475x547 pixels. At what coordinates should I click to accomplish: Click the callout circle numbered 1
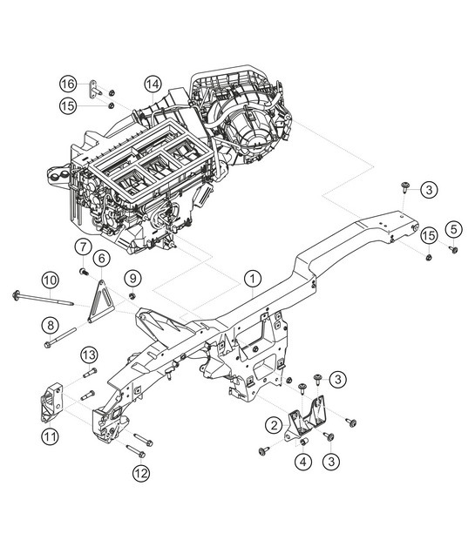[x=251, y=279]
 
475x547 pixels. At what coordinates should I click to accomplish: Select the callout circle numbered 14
[x=153, y=84]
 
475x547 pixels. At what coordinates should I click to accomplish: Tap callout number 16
[x=68, y=84]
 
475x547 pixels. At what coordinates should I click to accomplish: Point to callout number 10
[x=51, y=280]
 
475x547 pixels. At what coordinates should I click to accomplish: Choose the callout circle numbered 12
[x=141, y=474]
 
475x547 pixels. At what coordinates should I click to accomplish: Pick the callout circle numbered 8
[x=51, y=325]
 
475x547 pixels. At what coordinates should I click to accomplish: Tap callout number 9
[x=132, y=278]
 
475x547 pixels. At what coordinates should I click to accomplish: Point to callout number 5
[x=452, y=230]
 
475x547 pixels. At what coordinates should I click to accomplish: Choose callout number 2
[x=274, y=425]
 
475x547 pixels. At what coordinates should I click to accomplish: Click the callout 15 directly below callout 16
[x=68, y=105]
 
